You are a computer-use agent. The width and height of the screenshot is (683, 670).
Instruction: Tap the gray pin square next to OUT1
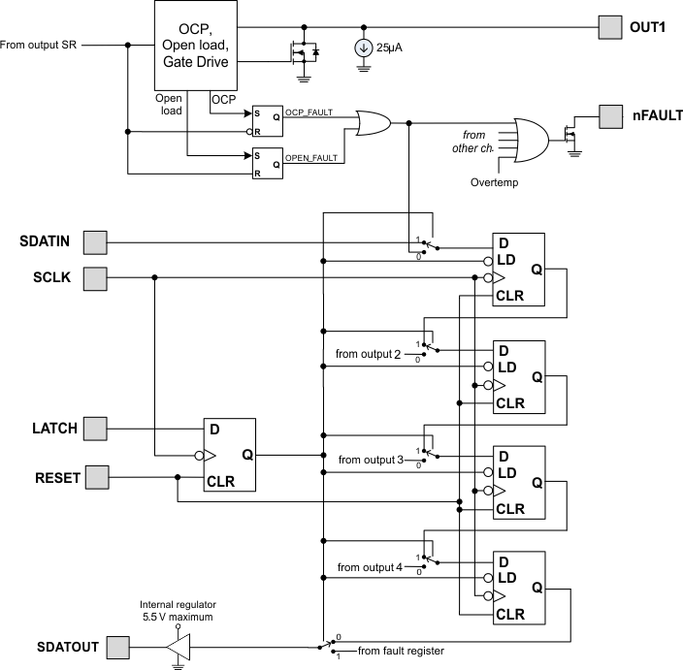tap(610, 27)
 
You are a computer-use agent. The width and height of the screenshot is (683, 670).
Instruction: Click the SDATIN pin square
tap(95, 240)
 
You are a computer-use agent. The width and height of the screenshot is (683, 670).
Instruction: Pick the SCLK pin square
tap(95, 279)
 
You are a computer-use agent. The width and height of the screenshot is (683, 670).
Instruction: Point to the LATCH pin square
tap(95, 428)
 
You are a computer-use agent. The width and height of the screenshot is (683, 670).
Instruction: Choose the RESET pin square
tap(95, 477)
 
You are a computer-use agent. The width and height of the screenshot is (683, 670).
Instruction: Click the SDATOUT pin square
tap(117, 646)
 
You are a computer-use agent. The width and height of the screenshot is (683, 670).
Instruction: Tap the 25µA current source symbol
tap(364, 47)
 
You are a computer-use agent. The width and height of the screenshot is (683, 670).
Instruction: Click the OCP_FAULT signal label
tap(309, 112)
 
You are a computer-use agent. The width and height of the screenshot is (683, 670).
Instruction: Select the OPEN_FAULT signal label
tap(310, 156)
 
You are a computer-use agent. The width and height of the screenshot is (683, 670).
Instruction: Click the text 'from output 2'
tap(368, 354)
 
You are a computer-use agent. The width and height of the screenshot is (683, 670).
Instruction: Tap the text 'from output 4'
tap(368, 566)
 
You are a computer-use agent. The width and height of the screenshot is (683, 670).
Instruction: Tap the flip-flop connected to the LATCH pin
tap(229, 455)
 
